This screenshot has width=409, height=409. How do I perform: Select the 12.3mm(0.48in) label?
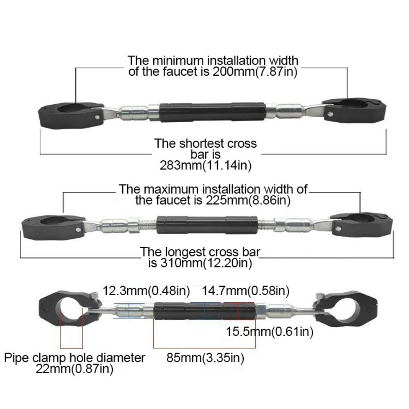point(146,291)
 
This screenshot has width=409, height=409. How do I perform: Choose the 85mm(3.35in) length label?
point(205,358)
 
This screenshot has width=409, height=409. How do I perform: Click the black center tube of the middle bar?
point(207,225)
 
